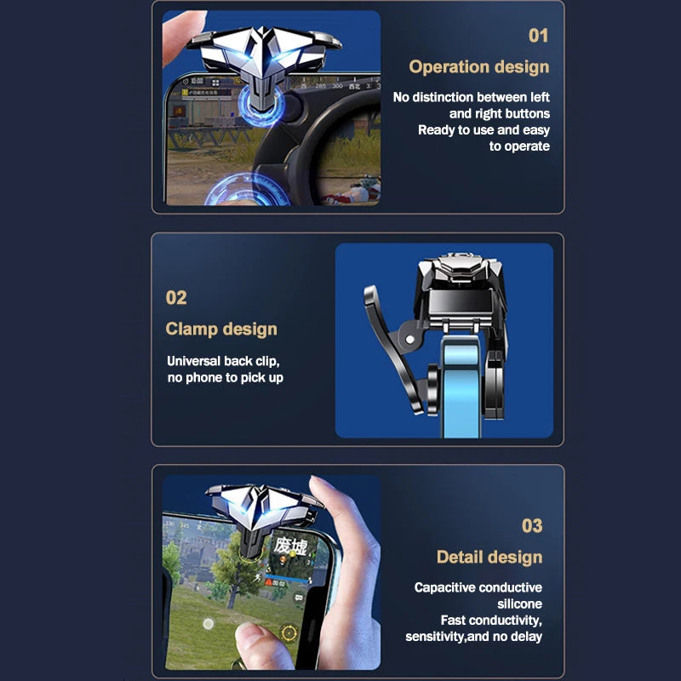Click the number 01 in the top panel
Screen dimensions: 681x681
[538, 36]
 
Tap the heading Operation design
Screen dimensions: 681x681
[478, 67]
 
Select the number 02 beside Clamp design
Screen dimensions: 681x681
[176, 298]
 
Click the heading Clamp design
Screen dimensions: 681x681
[221, 329]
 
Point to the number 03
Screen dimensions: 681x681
[531, 526]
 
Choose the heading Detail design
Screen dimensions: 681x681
[489, 558]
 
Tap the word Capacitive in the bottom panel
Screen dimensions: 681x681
[444, 587]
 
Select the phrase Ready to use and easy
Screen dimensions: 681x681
[484, 130]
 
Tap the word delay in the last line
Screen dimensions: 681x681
[525, 636]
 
